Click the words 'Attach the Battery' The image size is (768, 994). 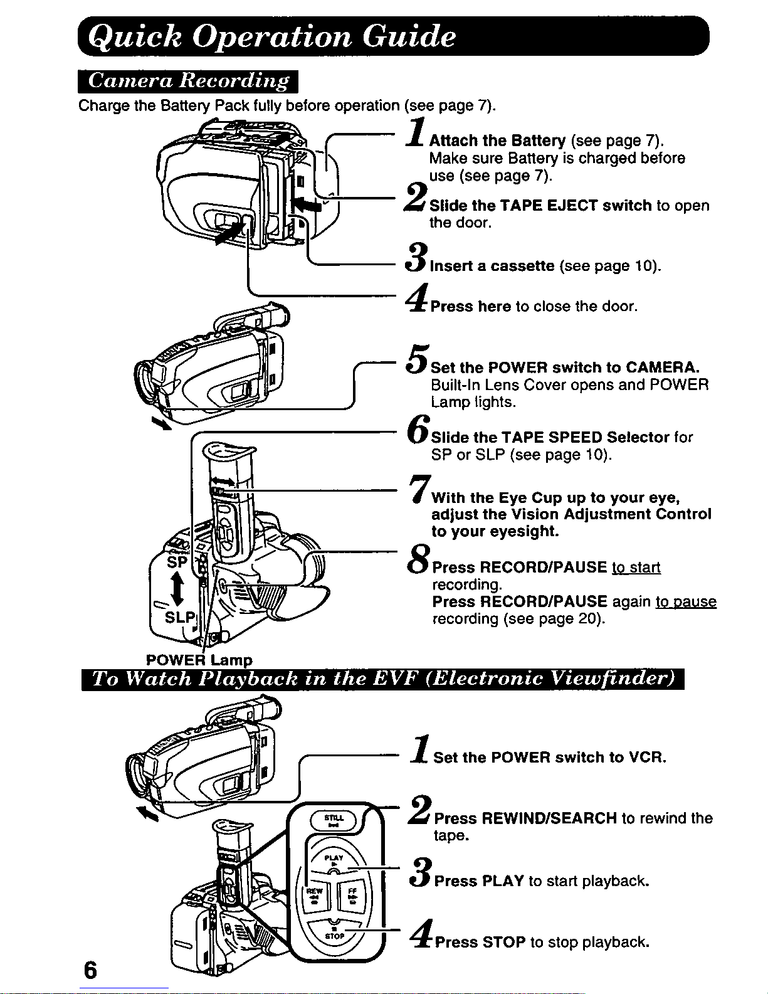[x=497, y=140]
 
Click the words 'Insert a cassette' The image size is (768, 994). [x=492, y=266]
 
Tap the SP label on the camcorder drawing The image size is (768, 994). [x=177, y=562]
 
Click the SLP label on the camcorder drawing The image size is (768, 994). [x=180, y=617]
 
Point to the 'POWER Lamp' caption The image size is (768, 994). [x=199, y=660]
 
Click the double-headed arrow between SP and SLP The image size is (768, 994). [x=177, y=590]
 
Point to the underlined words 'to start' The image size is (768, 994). [x=636, y=568]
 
